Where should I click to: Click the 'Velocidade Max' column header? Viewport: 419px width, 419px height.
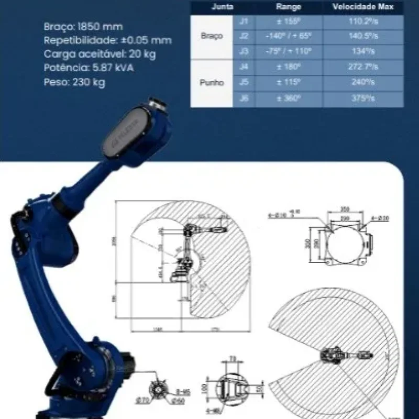(x=363, y=7)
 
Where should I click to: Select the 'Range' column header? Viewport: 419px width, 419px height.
(x=289, y=7)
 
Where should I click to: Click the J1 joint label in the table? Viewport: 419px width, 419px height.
(x=244, y=22)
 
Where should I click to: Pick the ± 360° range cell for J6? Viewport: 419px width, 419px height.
(x=289, y=98)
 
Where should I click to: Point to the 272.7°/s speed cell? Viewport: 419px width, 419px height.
(x=363, y=67)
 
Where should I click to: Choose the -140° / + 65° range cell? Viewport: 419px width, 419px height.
(x=289, y=37)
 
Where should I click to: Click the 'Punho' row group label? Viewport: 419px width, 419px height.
(x=212, y=83)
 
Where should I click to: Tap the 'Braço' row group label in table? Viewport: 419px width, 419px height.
(x=212, y=37)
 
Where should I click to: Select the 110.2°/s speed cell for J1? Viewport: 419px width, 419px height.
(x=363, y=22)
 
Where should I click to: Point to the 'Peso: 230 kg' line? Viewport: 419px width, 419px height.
(x=74, y=82)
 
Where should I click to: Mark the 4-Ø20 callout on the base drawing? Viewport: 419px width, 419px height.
(x=379, y=217)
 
